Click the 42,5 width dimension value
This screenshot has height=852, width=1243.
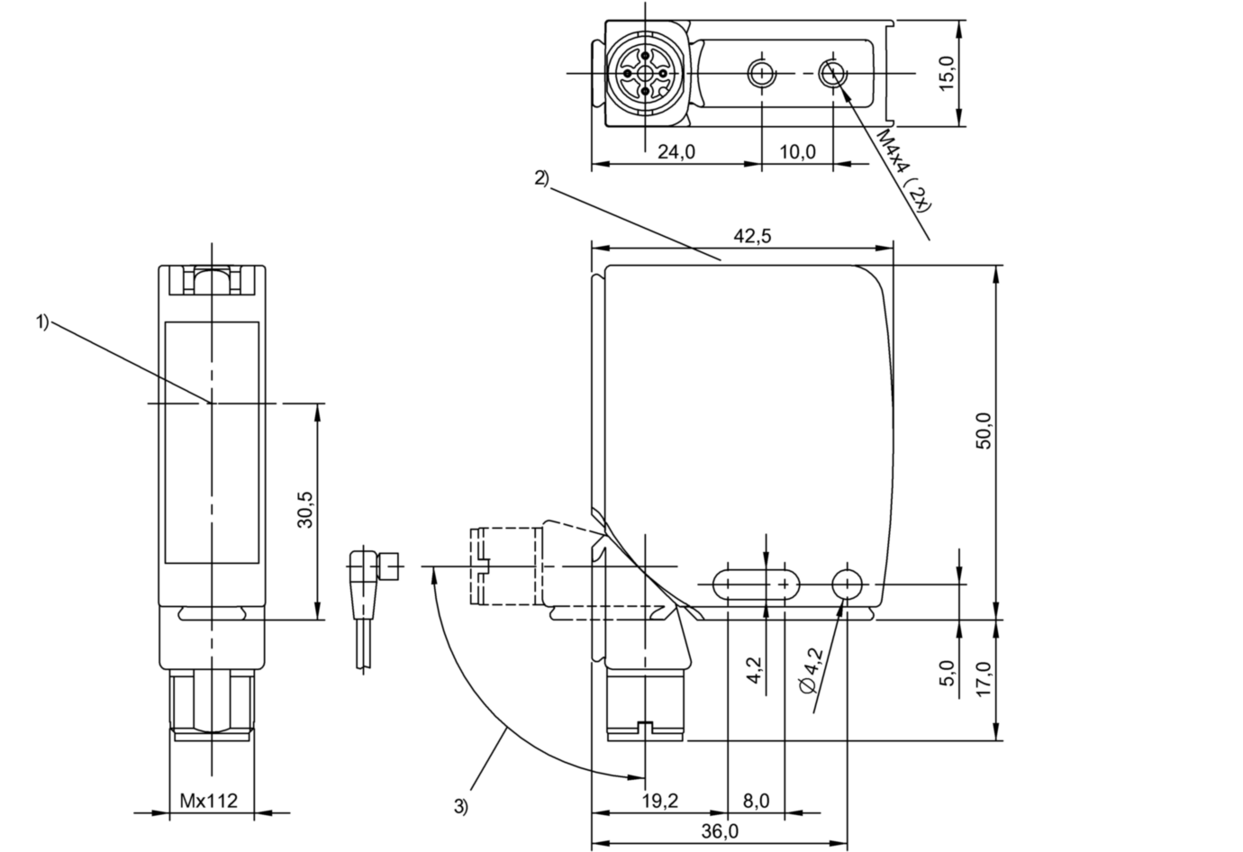[x=752, y=236]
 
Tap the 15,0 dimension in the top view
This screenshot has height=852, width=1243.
[x=947, y=71]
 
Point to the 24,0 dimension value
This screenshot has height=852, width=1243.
[x=676, y=151]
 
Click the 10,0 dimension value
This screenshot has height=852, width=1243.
[x=796, y=151]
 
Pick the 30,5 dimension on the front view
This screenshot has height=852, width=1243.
[x=304, y=509]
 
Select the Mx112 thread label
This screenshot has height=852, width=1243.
[x=209, y=801]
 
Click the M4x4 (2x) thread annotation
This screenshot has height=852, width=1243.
[x=903, y=170]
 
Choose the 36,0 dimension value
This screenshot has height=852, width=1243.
[x=719, y=831]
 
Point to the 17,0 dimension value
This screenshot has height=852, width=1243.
[x=983, y=679]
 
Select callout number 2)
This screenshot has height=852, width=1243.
[x=540, y=177]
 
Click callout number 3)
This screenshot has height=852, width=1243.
[x=460, y=807]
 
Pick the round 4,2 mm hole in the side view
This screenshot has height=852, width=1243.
[x=847, y=584]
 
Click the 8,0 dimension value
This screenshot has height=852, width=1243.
[x=756, y=801]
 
